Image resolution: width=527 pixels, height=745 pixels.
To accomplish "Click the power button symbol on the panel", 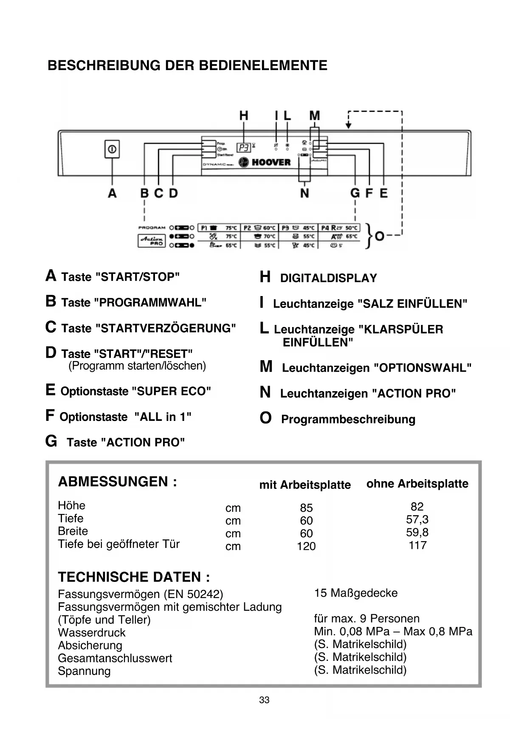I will tap(112, 149).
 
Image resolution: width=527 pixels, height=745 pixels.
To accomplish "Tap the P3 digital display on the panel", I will tap(244, 148).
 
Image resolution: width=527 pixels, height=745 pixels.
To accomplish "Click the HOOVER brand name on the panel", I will tap(271, 162).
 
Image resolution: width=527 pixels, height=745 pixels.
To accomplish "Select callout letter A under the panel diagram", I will tap(112, 193).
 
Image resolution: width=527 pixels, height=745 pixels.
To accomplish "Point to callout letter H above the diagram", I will tap(244, 116).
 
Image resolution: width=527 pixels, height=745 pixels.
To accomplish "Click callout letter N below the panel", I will tap(304, 193).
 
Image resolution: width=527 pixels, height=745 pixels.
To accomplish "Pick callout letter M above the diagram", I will tap(314, 116).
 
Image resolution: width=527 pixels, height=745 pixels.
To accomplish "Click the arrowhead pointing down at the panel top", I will tap(348, 125).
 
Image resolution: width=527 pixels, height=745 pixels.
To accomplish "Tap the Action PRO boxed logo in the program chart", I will tap(151, 241).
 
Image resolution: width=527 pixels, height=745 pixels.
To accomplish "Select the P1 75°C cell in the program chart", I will tap(219, 228).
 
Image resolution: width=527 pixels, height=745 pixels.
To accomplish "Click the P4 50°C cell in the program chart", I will tap(339, 228).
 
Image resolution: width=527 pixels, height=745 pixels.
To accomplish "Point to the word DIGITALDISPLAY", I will tap(328, 278).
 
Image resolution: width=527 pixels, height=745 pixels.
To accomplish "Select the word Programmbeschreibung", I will tap(348, 419).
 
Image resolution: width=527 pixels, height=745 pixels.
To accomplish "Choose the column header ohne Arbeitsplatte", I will tap(417, 484).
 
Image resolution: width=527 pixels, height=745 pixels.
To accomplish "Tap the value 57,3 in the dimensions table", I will tap(417, 519).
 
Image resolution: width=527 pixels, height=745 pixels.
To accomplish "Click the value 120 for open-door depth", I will tap(306, 546).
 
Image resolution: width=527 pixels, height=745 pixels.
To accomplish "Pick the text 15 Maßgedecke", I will tap(356, 593).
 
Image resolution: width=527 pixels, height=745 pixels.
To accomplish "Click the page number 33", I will tap(264, 700).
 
